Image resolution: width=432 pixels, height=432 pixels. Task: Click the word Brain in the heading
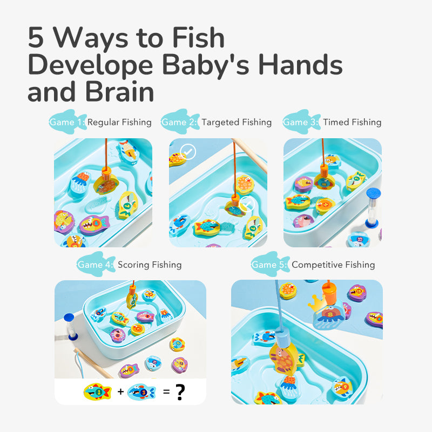point(119,91)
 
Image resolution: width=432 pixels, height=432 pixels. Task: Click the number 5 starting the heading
point(36,37)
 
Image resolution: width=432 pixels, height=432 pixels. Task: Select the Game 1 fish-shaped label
point(67,122)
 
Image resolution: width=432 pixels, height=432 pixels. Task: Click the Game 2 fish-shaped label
point(180,122)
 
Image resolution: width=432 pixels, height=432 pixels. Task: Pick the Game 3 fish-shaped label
point(301,122)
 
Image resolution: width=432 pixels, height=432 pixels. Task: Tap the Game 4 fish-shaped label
point(96,264)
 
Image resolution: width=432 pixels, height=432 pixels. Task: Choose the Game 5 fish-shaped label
point(270,264)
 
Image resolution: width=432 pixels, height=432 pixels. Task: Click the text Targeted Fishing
point(237,122)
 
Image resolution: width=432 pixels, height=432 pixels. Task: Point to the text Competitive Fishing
point(333,265)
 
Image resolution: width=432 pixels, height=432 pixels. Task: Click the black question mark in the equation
point(180,391)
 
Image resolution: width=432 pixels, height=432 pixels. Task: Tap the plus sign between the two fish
point(120,391)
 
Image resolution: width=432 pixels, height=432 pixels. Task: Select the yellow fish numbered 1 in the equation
point(97,391)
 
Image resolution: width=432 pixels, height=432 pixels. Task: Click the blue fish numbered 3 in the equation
point(141,391)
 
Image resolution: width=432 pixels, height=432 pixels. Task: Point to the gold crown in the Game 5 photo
point(317,303)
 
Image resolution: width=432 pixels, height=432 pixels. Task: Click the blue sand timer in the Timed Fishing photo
point(373,208)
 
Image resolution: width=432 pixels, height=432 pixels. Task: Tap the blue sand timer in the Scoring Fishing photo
point(70,327)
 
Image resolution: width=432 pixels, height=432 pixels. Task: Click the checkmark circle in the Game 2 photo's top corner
point(188,152)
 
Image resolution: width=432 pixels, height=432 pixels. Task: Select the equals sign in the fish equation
point(166,391)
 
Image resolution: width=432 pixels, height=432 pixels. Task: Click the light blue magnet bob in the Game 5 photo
point(282,337)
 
